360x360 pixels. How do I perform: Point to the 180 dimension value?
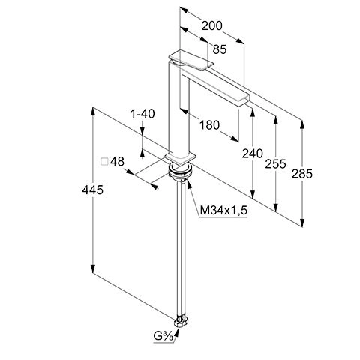209,125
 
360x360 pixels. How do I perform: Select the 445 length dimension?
91,190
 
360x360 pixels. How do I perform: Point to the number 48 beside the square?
117,161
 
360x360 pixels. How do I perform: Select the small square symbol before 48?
105,161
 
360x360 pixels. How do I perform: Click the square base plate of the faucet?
180,157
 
